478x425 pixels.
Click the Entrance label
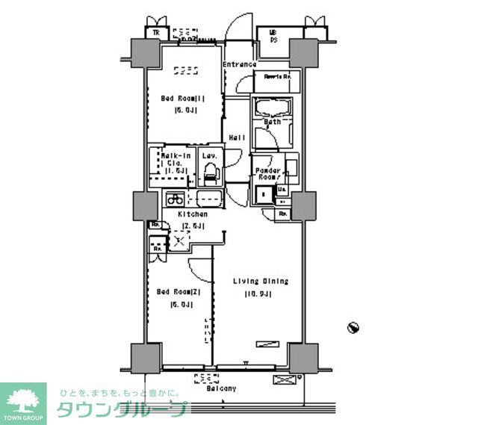click(x=239, y=64)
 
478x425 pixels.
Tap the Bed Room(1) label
click(x=183, y=97)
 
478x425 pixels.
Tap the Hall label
click(x=238, y=137)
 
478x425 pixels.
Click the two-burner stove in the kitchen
click(x=175, y=199)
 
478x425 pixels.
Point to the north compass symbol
click(x=354, y=327)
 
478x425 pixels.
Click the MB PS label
click(x=273, y=35)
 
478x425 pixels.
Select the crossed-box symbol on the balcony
click(x=285, y=381)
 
